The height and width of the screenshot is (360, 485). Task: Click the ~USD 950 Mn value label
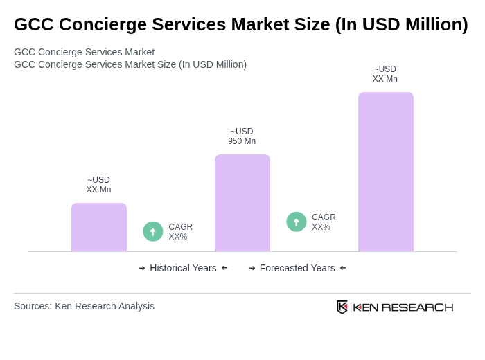[242, 136]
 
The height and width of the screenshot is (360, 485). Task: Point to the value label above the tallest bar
[385, 74]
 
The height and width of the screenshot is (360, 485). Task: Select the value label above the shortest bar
[98, 185]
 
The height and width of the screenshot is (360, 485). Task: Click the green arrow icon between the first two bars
[153, 231]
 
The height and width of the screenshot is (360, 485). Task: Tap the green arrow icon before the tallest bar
[297, 222]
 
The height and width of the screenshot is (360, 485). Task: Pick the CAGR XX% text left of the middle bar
[180, 232]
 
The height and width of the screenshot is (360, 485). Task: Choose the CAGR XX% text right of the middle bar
[324, 222]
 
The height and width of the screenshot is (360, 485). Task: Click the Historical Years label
[183, 268]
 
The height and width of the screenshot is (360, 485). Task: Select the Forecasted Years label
[297, 268]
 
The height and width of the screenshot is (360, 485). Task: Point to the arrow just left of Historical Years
[142, 268]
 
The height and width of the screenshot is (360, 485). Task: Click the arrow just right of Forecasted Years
[343, 268]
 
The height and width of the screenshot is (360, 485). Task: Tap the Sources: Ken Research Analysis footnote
[84, 306]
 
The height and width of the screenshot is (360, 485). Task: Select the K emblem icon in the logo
[342, 307]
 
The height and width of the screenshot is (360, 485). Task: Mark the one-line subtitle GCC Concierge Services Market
[84, 52]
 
